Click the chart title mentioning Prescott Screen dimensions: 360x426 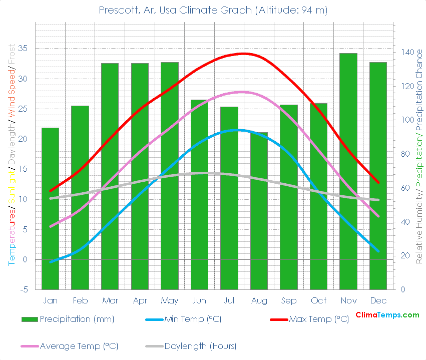pyautogui.click(x=213, y=11)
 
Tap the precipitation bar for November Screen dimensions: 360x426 pyautogui.click(x=348, y=170)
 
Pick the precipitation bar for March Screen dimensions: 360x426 pyautogui.click(x=110, y=175)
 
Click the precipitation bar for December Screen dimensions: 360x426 pyautogui.click(x=378, y=175)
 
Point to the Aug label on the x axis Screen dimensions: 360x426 pyautogui.click(x=259, y=300)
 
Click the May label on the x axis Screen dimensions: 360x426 pyautogui.click(x=169, y=300)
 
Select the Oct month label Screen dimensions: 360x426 pyautogui.click(x=318, y=300)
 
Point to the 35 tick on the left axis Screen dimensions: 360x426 pyautogui.click(x=23, y=49)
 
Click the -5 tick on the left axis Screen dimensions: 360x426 pyautogui.click(x=23, y=290)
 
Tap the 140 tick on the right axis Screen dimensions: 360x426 pyautogui.click(x=406, y=53)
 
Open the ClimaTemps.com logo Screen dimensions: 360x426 pyautogui.click(x=387, y=315)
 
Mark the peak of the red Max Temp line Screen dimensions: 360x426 pyautogui.click(x=244, y=53)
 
